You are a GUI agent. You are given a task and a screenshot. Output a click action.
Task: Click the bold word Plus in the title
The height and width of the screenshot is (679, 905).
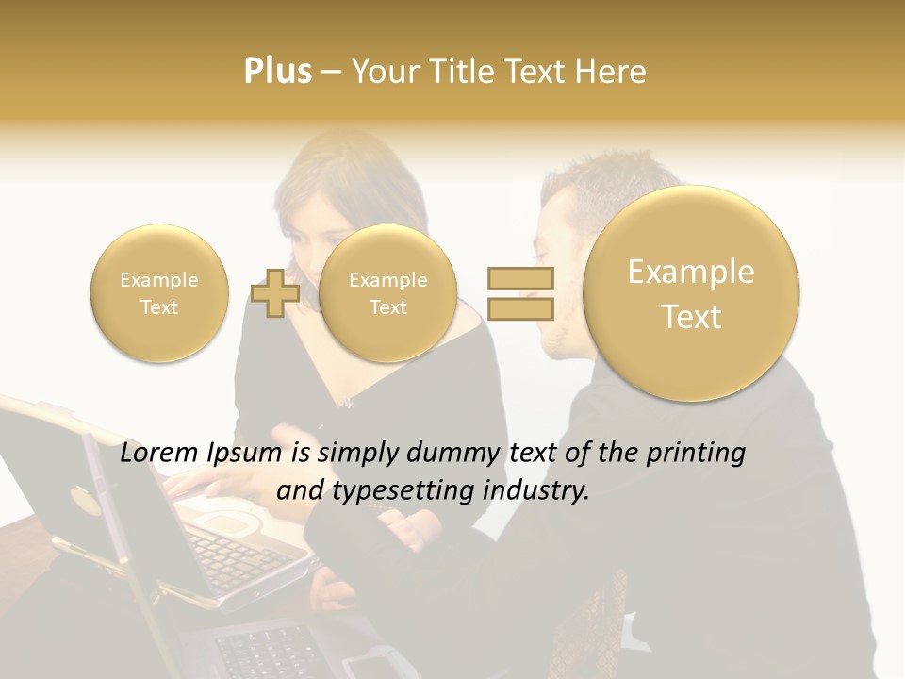(x=277, y=72)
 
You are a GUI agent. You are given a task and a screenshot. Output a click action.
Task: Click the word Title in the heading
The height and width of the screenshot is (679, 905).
(x=462, y=72)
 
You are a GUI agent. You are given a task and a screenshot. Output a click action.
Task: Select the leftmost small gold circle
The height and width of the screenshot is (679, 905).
(x=158, y=293)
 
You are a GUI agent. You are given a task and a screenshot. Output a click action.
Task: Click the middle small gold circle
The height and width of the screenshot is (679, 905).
(x=387, y=293)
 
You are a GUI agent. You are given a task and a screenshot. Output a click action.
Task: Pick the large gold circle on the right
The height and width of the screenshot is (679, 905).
(x=691, y=293)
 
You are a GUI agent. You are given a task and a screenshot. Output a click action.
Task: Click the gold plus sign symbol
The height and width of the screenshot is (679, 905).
(x=275, y=293)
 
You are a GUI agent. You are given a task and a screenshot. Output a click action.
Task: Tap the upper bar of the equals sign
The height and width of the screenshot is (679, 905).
(x=520, y=278)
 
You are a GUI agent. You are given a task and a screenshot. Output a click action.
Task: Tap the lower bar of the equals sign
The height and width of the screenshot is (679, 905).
(x=520, y=308)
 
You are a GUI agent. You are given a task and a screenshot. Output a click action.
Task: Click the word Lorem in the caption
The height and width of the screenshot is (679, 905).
(x=159, y=454)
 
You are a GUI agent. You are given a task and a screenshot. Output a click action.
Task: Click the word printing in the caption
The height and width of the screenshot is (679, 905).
(x=698, y=454)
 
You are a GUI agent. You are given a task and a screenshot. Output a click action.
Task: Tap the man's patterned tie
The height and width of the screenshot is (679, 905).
(x=603, y=604)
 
